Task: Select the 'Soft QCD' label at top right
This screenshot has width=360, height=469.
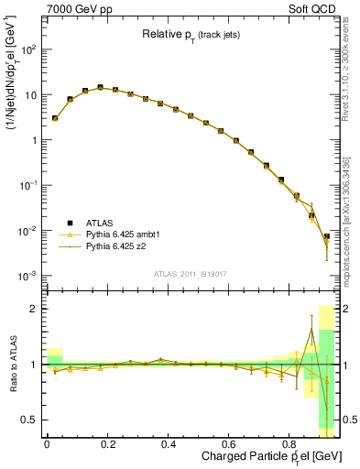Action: point(312,8)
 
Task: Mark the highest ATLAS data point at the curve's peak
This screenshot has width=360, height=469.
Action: point(100,88)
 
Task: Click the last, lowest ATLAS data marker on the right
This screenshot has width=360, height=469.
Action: point(326,237)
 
